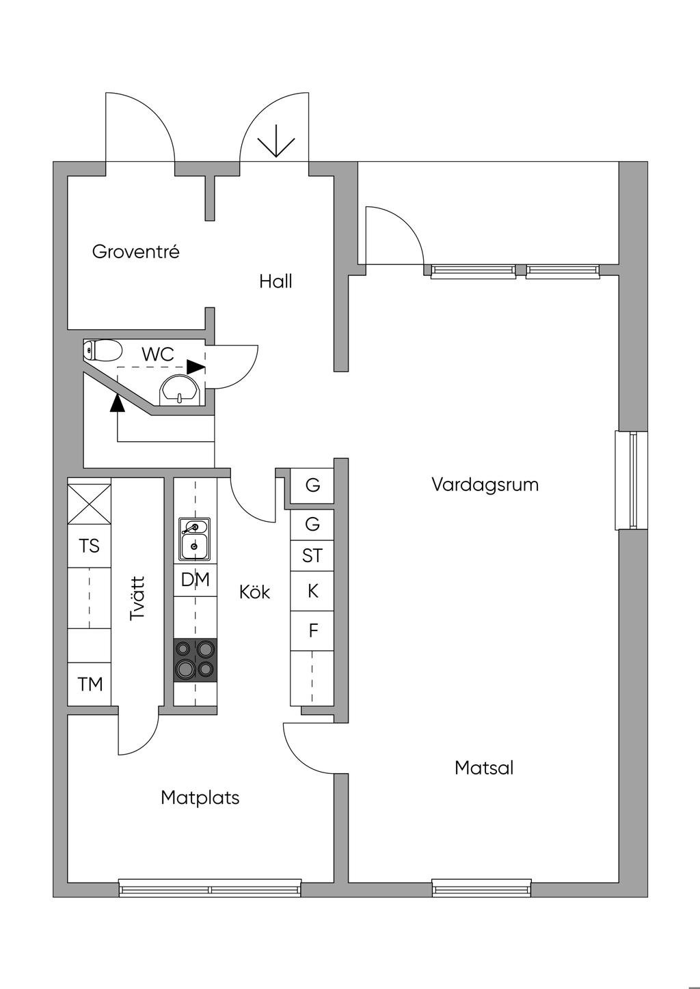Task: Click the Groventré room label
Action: (135, 252)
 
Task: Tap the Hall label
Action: (275, 281)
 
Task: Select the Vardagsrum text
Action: (485, 485)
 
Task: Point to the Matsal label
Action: (484, 768)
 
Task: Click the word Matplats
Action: (200, 798)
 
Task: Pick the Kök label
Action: (254, 592)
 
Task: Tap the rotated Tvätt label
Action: (138, 598)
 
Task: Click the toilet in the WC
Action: (103, 350)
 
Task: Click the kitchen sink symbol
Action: (194, 539)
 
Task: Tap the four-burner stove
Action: (195, 660)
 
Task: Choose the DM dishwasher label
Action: (195, 580)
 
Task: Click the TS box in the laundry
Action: (89, 546)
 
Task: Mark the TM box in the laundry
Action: (90, 684)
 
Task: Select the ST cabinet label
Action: (312, 557)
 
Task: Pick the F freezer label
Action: (313, 630)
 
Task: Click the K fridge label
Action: (312, 591)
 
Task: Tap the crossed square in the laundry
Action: (89, 504)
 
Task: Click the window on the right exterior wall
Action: (632, 480)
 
